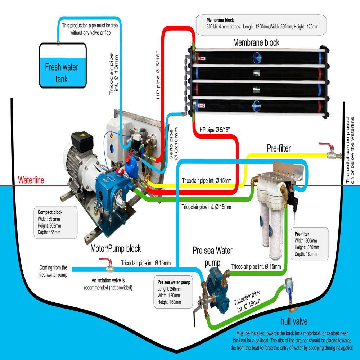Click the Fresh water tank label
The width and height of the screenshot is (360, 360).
[62, 72]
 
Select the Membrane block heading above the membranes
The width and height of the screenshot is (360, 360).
[256, 42]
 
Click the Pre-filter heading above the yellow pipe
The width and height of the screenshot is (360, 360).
[279, 148]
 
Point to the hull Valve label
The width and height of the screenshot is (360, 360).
[294, 321]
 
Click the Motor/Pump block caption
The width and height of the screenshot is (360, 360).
[116, 248]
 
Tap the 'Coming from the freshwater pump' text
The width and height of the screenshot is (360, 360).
[53, 270]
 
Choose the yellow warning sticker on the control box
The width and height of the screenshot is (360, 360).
[111, 136]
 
